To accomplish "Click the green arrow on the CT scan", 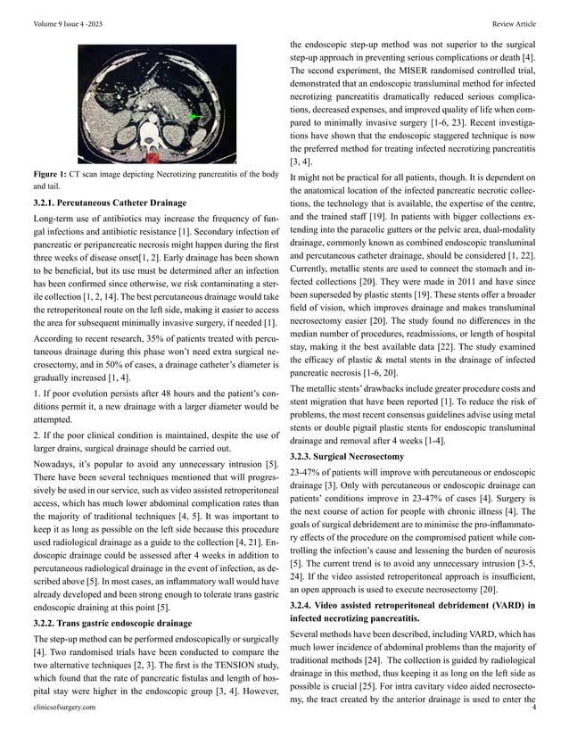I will coord(195,117).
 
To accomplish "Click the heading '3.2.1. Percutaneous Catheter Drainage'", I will coord(110,203).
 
